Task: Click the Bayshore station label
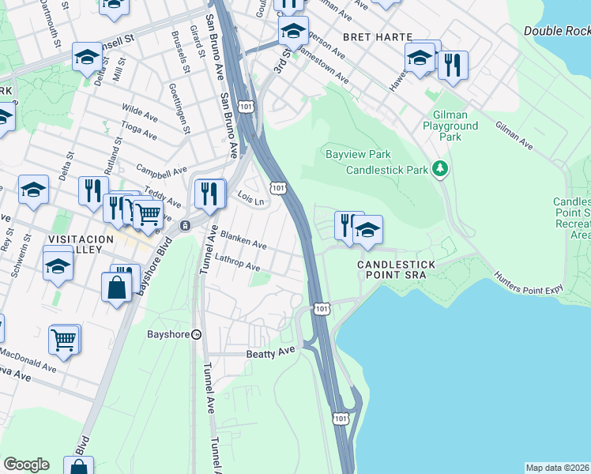(x=168, y=334)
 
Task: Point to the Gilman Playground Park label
(x=450, y=126)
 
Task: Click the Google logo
(x=26, y=465)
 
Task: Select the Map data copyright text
(x=558, y=468)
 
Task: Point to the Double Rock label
(x=556, y=31)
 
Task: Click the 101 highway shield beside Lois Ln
(x=277, y=187)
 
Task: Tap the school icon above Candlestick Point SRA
(x=367, y=230)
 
